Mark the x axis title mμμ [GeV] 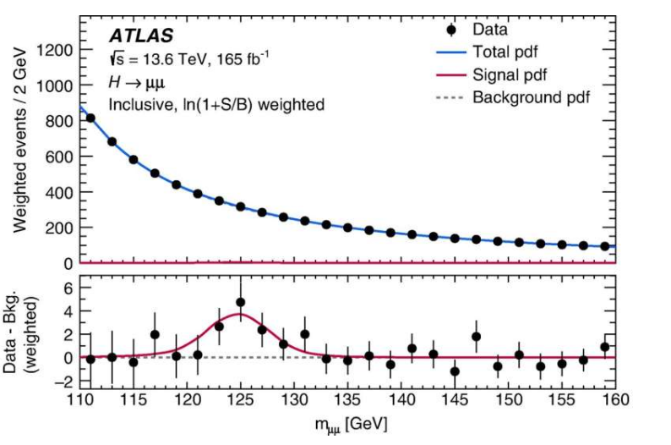348,420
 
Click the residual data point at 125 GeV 241,302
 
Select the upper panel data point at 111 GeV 90,118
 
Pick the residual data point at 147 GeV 476,337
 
